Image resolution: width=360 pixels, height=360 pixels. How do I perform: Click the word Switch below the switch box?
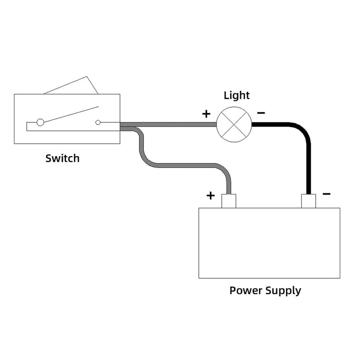pyautogui.click(x=62, y=158)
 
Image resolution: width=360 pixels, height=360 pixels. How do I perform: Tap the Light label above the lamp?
pyautogui.click(x=237, y=96)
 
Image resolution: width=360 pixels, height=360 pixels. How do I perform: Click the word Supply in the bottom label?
pyautogui.click(x=283, y=291)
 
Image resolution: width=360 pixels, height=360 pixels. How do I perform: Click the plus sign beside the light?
pyautogui.click(x=206, y=113)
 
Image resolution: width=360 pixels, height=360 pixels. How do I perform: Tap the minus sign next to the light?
pyautogui.click(x=262, y=113)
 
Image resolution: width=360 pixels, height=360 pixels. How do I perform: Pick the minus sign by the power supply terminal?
pyautogui.click(x=327, y=194)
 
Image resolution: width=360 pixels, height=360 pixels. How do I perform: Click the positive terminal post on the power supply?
pyautogui.click(x=229, y=201)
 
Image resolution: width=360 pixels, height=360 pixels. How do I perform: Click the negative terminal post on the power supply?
pyautogui.click(x=308, y=201)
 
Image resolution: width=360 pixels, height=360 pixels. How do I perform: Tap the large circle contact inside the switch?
pyautogui.click(x=40, y=122)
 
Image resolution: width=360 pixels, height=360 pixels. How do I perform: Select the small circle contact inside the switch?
pyautogui.click(x=98, y=122)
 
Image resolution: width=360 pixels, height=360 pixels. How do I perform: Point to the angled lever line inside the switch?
pyautogui.click(x=70, y=114)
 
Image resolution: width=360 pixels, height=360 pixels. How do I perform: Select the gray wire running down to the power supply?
pyautogui.click(x=187, y=165)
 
